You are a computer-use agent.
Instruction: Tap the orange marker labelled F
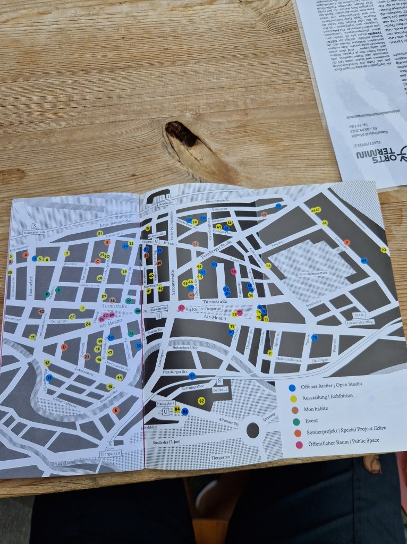347,242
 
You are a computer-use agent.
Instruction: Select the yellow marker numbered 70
383,250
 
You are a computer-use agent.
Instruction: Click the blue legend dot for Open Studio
292,388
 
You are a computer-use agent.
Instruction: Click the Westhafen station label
166,203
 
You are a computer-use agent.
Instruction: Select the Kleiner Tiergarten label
202,308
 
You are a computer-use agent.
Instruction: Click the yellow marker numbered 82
201,401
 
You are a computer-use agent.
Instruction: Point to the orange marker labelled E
116,410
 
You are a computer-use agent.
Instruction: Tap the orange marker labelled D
64,347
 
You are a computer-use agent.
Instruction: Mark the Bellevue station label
219,389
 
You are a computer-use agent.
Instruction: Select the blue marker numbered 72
315,337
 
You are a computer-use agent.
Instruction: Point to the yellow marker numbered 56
268,266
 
